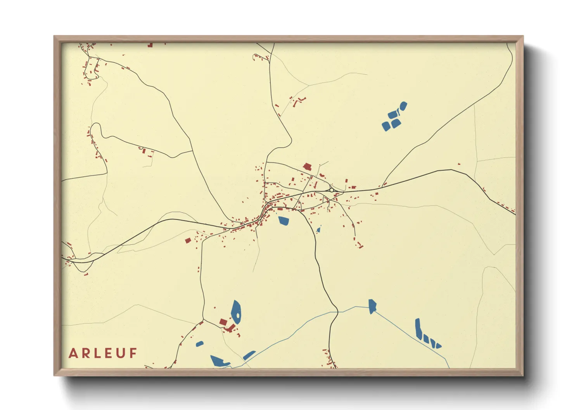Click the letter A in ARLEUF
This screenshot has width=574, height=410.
point(73,353)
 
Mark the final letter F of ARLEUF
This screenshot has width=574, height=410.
point(133,353)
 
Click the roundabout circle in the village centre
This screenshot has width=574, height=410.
point(332,190)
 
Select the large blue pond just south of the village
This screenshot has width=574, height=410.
point(284,221)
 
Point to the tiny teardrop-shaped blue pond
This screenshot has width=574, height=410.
point(318,230)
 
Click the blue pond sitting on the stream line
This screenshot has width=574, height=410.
point(372,306)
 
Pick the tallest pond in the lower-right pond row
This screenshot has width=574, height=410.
point(418,329)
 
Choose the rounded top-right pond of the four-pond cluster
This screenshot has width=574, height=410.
point(403,105)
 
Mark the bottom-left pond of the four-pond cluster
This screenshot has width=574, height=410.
point(386,126)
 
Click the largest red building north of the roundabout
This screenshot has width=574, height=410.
point(308,167)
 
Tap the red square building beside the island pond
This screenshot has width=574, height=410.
point(223,322)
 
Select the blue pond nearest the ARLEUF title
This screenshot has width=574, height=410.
point(200,344)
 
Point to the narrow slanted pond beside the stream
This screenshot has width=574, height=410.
point(249,355)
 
